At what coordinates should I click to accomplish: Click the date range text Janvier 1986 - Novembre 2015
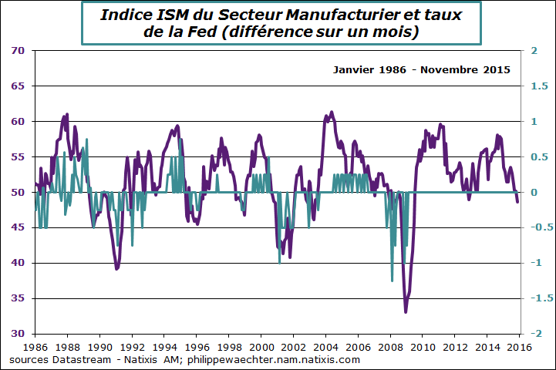[422, 69]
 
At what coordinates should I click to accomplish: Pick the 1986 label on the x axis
[35, 347]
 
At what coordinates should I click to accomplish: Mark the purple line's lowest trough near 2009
[406, 311]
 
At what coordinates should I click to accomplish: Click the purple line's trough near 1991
[116, 268]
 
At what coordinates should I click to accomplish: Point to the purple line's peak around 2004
[332, 112]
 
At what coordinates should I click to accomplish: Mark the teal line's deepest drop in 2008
[392, 281]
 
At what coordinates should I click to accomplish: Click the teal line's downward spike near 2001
[279, 263]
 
